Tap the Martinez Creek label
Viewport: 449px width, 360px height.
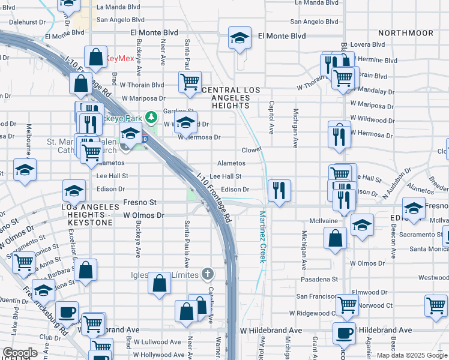[x=262, y=236]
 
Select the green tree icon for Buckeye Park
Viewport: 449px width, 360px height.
[x=152, y=115]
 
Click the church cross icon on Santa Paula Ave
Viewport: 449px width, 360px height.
[x=207, y=274]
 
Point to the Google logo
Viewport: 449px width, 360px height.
[x=20, y=353]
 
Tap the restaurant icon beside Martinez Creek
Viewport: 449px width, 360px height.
[x=279, y=191]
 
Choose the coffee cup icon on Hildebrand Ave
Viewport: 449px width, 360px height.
[x=344, y=332]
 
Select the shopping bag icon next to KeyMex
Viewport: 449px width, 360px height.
[x=96, y=58]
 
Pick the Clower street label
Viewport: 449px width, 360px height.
[x=252, y=149]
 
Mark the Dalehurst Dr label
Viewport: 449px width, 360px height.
[x=28, y=22]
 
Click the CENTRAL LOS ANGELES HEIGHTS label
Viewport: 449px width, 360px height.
[x=231, y=98]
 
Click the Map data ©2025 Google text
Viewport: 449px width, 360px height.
[x=412, y=355]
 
